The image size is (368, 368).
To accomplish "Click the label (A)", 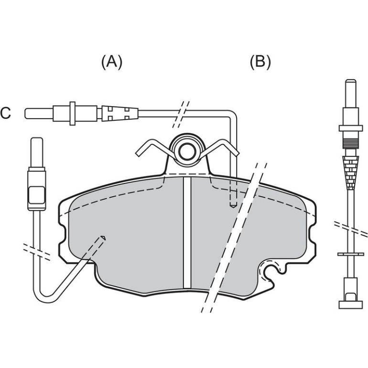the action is coord(112,63).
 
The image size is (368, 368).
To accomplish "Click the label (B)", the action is coord(260,63).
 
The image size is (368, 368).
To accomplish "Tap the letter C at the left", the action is coord(5,113).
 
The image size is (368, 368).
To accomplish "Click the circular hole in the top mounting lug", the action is coord(187,151).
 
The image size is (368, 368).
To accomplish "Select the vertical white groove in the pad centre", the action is coord(187,232).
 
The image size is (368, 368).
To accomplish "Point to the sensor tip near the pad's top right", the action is coord(233,206).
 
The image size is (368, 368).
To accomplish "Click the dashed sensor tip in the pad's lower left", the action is coord(103,238).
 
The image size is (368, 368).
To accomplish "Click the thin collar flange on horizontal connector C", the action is coord(73,113).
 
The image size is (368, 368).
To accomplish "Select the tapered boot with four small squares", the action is coord(120,113).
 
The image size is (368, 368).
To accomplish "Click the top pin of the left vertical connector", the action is coord(37,152).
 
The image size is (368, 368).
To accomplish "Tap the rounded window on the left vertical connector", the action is coord(36,195).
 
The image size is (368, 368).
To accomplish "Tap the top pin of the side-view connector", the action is coord(351,94).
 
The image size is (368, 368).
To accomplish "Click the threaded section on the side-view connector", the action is coord(351,143).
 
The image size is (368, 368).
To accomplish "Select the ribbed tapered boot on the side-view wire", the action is coord(351,173).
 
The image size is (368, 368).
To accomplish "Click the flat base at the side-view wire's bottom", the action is coord(351,305).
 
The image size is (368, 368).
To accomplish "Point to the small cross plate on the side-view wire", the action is coord(351,254).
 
